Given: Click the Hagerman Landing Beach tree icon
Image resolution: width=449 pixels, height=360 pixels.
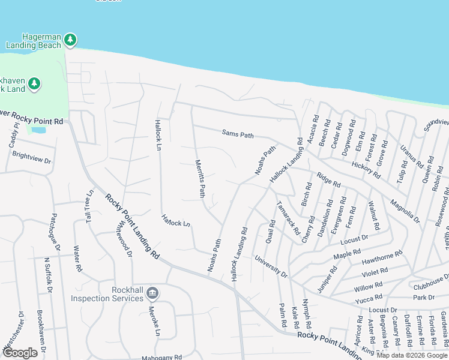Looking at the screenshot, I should click(71, 40).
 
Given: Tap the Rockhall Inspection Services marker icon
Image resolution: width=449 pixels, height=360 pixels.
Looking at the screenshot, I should click(152, 293).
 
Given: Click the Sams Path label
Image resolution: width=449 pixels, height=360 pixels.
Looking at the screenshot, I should click(238, 134).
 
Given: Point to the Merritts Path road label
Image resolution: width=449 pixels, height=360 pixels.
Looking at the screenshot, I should click(200, 178).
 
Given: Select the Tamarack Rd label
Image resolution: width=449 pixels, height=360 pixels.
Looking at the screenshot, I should click(289, 217).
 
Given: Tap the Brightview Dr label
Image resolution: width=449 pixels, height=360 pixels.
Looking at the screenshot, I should click(32, 158).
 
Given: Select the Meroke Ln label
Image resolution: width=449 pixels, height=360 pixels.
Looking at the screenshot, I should click(153, 323).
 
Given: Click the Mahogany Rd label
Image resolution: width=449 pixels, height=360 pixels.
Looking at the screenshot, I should click(161, 358).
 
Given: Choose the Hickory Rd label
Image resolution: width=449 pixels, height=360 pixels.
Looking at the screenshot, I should click(366, 170).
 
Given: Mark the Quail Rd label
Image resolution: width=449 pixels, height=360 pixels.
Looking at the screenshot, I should click(270, 232).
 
